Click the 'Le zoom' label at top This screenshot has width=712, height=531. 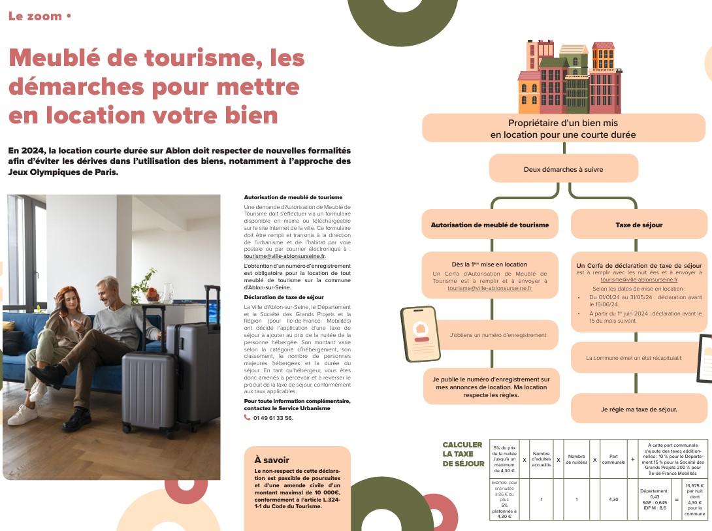tap(36, 16)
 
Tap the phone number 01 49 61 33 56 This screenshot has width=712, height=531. tap(272, 418)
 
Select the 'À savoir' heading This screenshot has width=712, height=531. tap(272, 460)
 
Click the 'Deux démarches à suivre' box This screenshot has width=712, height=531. tap(563, 169)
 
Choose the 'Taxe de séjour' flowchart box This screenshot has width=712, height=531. tap(638, 225)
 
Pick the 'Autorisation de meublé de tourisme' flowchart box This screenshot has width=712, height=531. tap(489, 225)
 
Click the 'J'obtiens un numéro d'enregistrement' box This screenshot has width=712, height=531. tap(498, 335)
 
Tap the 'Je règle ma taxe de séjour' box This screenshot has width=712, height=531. tap(638, 410)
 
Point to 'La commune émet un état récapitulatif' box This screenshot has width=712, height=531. tap(633, 358)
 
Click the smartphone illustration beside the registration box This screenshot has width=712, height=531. tap(420, 333)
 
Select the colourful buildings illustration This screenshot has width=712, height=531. tap(569, 77)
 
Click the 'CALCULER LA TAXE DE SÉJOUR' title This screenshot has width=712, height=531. tap(462, 454)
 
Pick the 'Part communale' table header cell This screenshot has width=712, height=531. tap(613, 459)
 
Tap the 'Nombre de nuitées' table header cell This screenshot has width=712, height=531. tap(576, 459)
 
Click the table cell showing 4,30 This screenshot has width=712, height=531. tap(613, 500)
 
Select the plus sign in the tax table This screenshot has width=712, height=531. tap(632, 459)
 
